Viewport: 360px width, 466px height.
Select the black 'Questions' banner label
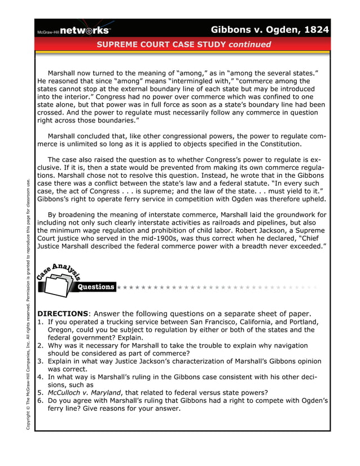96,287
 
